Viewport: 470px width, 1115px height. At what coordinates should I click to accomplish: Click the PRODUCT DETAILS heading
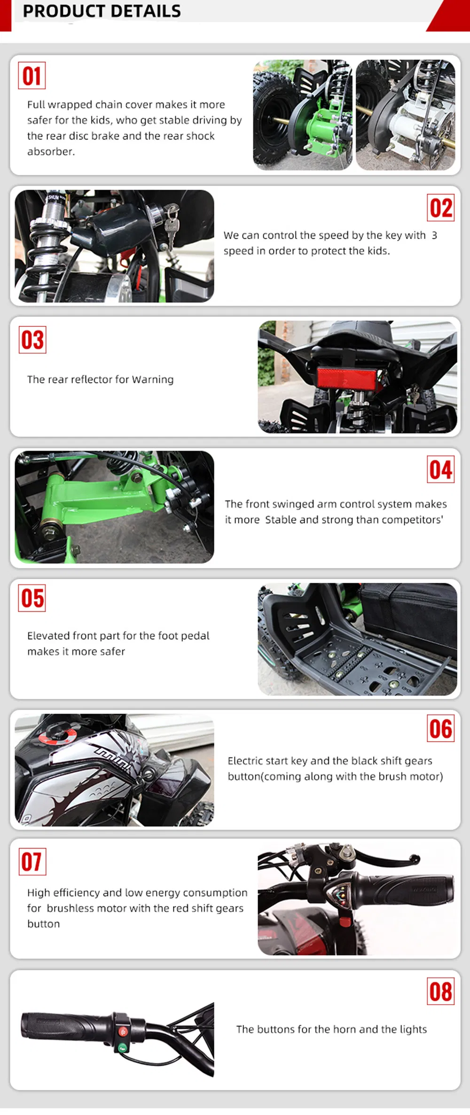coord(102,11)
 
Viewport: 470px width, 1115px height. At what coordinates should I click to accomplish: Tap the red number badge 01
coord(31,76)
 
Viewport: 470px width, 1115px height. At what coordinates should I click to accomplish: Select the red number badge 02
coord(441,208)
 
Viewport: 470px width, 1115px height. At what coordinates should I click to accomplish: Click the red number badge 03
coord(32,340)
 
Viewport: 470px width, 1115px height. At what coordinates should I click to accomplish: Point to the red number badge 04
coord(441,469)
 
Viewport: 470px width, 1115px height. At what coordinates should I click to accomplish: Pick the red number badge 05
coord(32,598)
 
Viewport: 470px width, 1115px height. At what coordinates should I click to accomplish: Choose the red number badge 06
coord(441,728)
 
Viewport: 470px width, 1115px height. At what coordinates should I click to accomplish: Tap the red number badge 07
coord(32,861)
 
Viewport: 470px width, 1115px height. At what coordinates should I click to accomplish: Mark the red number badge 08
coord(441,991)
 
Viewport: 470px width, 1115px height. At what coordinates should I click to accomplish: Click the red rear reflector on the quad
coord(347,378)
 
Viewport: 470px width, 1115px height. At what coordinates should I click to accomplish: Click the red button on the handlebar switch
coord(123,1031)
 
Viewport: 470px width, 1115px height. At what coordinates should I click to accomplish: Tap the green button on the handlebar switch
coord(123,1047)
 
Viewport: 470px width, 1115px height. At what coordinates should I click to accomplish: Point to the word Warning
coord(153,379)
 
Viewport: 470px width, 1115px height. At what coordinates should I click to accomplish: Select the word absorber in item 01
coord(51,151)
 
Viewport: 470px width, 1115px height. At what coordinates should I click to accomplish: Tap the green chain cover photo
coord(303,115)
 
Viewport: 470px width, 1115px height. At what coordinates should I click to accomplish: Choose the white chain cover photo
coord(406,115)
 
